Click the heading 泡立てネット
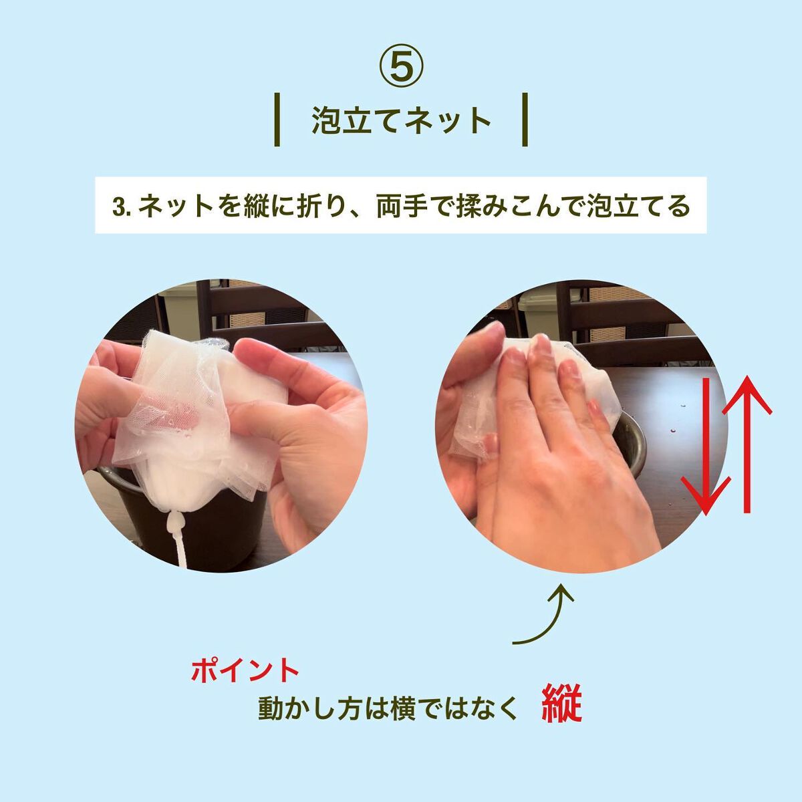pyautogui.click(x=401, y=120)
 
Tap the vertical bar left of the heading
pyautogui.click(x=277, y=120)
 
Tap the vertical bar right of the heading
pyautogui.click(x=525, y=120)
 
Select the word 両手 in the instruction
pyautogui.click(x=402, y=206)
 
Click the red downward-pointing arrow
pyautogui.click(x=706, y=446)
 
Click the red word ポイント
pyautogui.click(x=245, y=670)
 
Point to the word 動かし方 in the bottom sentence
pyautogui.click(x=309, y=707)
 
